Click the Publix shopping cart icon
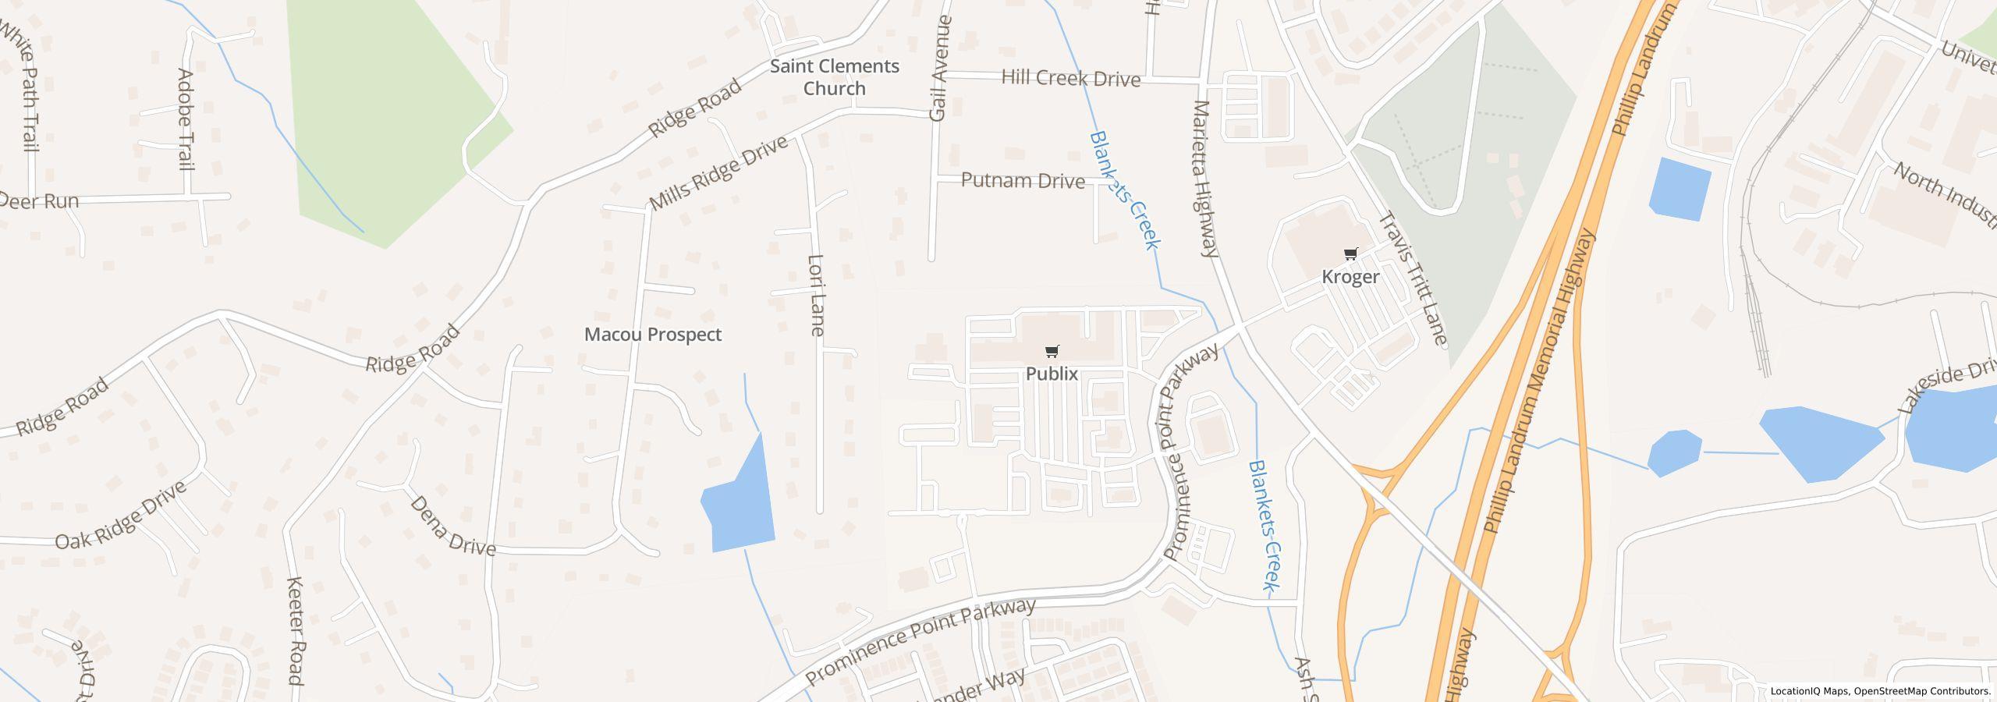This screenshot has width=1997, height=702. point(1052,352)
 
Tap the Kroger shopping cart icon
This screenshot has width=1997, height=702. point(1351,254)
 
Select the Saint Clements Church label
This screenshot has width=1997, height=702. point(835,77)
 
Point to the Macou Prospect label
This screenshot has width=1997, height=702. point(653,335)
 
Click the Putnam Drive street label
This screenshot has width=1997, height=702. point(1023,181)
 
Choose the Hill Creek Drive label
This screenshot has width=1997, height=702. point(1070,78)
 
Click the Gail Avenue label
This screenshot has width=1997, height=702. point(940,68)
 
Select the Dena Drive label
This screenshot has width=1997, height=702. point(452,526)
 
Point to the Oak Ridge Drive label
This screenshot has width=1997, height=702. point(121,516)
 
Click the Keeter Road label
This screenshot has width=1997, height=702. point(295,630)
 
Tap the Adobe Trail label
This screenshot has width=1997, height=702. point(185,119)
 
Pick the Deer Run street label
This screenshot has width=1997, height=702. point(39,201)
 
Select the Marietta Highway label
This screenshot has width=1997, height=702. point(1205,179)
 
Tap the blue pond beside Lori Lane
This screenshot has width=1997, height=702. point(740,503)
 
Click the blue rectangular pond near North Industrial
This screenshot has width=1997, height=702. point(1680,189)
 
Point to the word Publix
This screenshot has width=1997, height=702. point(1052,374)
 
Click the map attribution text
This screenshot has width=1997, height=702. point(1880,691)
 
